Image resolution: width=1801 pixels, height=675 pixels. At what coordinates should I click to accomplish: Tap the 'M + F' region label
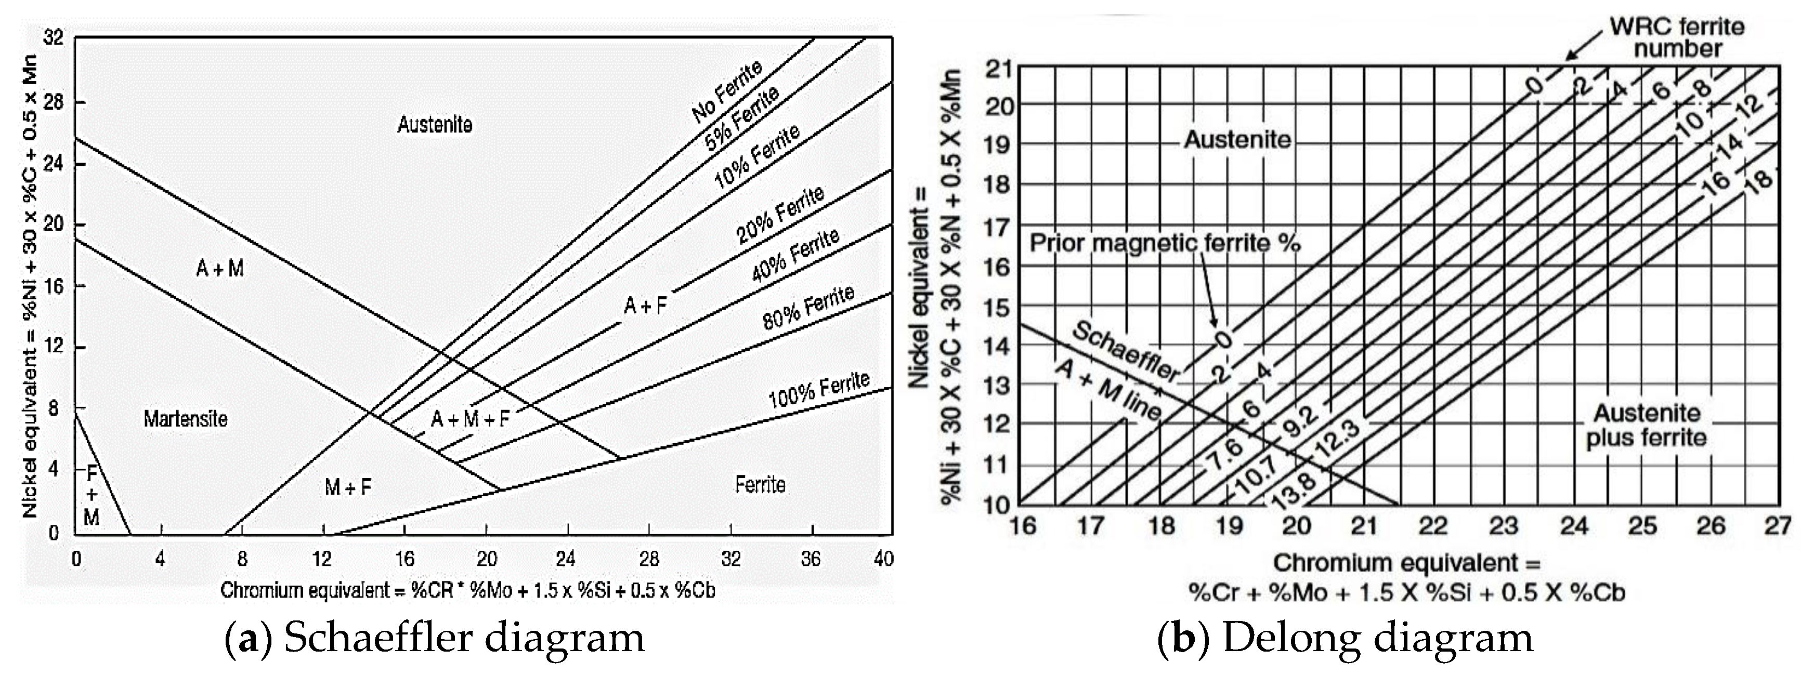tap(347, 487)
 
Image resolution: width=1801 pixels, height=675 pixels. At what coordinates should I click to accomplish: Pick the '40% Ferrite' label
tap(795, 255)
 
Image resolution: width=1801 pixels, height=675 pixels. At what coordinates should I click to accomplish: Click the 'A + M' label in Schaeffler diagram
tap(219, 268)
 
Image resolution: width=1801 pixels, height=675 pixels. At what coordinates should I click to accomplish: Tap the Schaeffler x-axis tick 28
tap(649, 559)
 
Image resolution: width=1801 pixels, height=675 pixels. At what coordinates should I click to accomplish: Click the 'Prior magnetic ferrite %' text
tap(1164, 243)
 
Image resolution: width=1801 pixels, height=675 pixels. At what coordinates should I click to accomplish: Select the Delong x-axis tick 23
tap(1503, 525)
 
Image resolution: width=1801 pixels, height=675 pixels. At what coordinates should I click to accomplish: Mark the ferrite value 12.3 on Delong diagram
tap(1337, 439)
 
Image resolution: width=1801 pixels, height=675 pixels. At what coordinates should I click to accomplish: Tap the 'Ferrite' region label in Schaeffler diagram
tap(760, 484)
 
